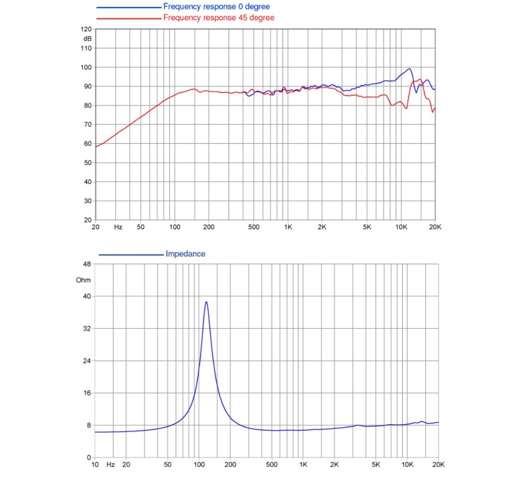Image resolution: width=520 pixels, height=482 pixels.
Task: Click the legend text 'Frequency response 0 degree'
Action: [x=216, y=6]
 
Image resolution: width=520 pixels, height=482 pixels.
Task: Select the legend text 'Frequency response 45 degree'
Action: [x=219, y=17]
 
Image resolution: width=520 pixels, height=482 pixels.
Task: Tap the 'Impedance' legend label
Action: [x=185, y=254]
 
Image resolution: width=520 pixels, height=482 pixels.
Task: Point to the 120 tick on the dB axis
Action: [x=86, y=29]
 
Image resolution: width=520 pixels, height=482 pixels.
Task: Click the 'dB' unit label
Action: [x=87, y=39]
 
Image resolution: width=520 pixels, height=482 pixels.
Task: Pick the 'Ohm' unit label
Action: [x=83, y=280]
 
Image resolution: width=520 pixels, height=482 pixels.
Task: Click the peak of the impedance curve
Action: [x=206, y=302]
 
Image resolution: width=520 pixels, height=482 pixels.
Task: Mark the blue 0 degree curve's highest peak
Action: [x=410, y=69]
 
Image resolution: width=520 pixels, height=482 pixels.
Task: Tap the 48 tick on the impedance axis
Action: [x=87, y=264]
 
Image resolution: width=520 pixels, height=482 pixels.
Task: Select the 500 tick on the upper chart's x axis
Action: [x=254, y=227]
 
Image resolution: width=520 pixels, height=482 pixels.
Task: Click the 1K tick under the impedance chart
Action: [x=303, y=465]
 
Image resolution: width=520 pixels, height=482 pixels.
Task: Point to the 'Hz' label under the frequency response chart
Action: [x=118, y=227]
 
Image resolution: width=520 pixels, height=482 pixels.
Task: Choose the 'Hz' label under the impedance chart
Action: [x=110, y=465]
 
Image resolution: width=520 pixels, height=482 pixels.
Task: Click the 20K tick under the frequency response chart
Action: [x=435, y=227]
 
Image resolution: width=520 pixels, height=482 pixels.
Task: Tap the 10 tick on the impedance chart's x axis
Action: [x=95, y=465]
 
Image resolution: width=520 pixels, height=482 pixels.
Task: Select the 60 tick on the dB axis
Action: [x=87, y=144]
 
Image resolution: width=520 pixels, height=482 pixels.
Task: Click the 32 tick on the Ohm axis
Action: [x=87, y=328]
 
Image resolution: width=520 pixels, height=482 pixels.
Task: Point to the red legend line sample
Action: [x=129, y=18]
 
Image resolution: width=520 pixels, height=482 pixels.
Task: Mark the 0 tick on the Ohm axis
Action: [x=88, y=458]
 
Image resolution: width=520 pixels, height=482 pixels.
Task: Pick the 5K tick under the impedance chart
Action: [x=376, y=465]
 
